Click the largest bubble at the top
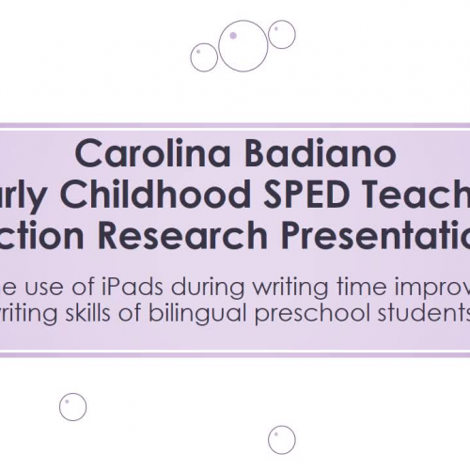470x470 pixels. tap(243, 45)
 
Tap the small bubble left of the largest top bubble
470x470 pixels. tap(204, 57)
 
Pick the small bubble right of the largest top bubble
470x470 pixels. tap(281, 35)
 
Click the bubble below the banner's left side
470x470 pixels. tap(72, 406)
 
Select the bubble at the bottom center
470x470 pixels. tap(281, 439)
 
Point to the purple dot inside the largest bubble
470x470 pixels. tap(233, 35)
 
